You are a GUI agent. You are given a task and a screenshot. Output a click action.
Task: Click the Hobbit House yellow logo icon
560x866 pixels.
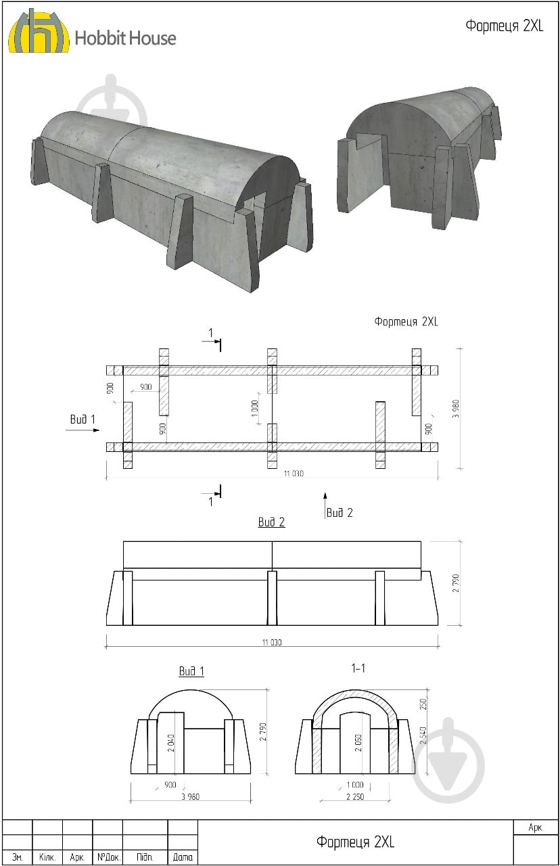coord(39,32)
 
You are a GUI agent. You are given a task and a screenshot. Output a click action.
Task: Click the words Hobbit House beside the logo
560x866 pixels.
coord(125,39)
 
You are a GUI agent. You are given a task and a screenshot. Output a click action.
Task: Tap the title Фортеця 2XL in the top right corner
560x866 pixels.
coord(504,26)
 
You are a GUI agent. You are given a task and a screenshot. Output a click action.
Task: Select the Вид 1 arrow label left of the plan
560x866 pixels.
coord(83,419)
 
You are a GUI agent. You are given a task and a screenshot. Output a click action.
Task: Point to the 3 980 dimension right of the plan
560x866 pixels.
coord(456,409)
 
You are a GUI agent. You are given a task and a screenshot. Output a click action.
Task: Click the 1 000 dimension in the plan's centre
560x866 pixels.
coord(254,409)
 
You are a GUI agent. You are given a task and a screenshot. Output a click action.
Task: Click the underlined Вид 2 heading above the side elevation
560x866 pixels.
coord(271,522)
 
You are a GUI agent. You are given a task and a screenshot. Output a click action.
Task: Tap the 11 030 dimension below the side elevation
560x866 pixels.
coord(272,642)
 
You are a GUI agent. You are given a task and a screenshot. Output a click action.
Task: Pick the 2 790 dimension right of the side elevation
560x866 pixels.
coord(456,583)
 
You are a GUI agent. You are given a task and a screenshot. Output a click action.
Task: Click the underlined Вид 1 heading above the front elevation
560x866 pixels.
coord(191,670)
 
